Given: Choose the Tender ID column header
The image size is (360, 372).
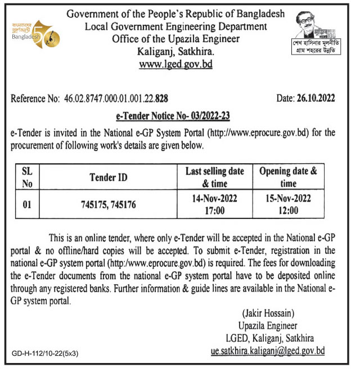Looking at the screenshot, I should pos(109,178).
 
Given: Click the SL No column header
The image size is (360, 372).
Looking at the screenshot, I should pos(26,178).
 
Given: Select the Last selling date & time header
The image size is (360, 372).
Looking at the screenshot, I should pos(214,178).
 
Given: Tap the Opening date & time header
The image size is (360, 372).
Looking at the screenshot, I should pos(288,178).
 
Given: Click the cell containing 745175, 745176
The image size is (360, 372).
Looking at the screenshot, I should pos(109,205).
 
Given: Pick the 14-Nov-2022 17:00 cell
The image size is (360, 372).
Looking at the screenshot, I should pos(214,205).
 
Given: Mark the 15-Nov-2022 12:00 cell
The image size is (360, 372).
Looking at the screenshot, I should pos(288,205).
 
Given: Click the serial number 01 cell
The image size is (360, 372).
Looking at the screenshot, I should pos(26,205).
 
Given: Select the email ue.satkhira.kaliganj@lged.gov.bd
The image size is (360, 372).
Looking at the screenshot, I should pos(265,351).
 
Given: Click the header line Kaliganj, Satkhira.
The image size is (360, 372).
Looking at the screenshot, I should pos(176,51).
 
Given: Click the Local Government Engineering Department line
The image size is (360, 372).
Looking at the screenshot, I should pos(176,26).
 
